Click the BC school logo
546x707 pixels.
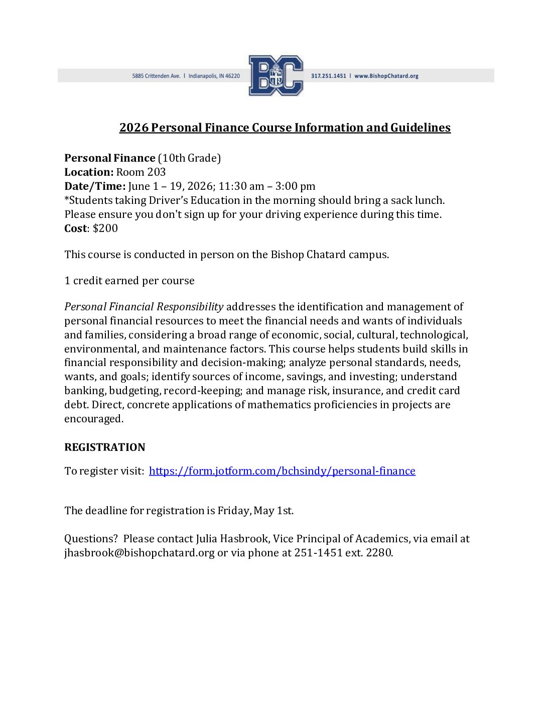tap(276, 76)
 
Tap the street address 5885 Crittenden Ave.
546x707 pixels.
tap(156, 76)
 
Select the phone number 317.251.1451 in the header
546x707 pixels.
tap(328, 76)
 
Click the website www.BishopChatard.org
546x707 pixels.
tap(386, 76)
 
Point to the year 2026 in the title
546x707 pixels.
tap(134, 128)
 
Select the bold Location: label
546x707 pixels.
tap(89, 172)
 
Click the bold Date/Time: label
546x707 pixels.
tap(95, 186)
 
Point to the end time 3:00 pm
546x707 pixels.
tap(295, 186)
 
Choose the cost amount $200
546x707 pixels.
tap(105, 228)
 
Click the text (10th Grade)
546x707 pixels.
tap(189, 158)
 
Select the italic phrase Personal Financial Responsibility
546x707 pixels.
tap(144, 307)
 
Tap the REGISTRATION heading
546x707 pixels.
tap(105, 447)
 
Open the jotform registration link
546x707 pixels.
tap(282, 471)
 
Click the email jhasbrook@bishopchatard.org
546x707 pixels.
tap(139, 553)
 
